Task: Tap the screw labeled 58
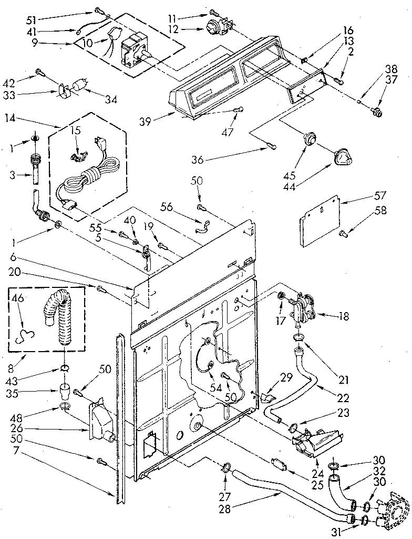(x=344, y=233)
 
